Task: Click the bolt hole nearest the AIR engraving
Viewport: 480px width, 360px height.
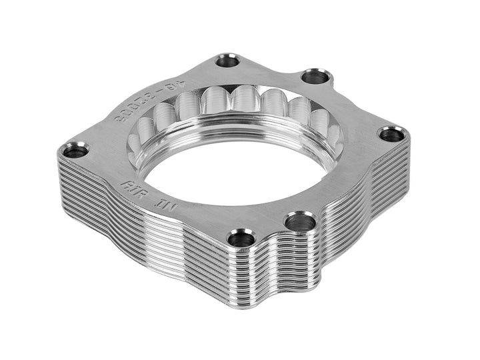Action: coord(75,150)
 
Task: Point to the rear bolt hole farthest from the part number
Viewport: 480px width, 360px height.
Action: coord(315,77)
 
